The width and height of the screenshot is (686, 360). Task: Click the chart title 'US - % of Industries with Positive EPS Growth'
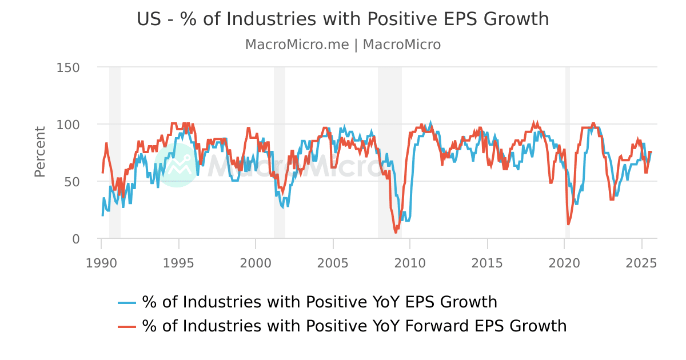pos(342,19)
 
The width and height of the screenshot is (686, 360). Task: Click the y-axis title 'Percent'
pos(39,151)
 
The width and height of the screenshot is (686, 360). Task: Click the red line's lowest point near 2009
pos(396,232)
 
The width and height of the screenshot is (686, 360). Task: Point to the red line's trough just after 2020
pos(568,224)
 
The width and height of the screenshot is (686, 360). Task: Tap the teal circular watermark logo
pos(177,165)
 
